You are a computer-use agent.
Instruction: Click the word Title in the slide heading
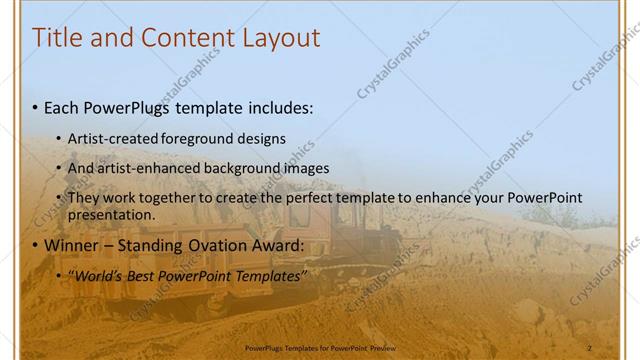pos(57,38)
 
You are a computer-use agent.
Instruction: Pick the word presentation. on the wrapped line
pos(111,214)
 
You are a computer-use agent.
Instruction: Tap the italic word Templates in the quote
pos(269,276)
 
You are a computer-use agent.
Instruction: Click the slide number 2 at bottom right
pos(590,346)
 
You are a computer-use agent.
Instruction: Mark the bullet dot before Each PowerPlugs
pos(36,106)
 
